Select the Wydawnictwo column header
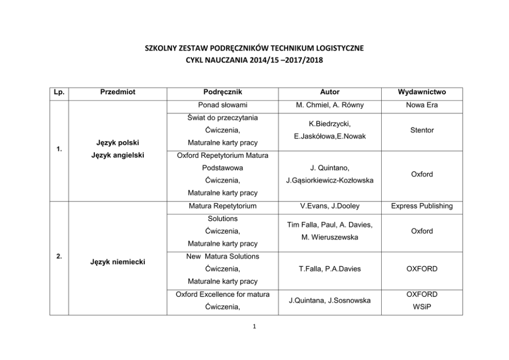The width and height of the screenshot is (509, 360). tap(422, 92)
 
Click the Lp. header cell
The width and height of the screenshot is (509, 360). tap(59, 92)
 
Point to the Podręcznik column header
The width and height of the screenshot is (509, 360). tap(223, 92)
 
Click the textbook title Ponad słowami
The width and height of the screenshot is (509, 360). tap(223, 106)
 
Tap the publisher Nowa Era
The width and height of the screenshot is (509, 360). tap(422, 106)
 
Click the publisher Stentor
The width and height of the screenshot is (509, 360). tap(422, 130)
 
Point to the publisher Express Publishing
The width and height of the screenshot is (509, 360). tap(422, 206)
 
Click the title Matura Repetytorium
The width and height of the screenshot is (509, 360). tap(223, 206)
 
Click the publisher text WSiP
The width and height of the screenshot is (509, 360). tap(422, 307)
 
